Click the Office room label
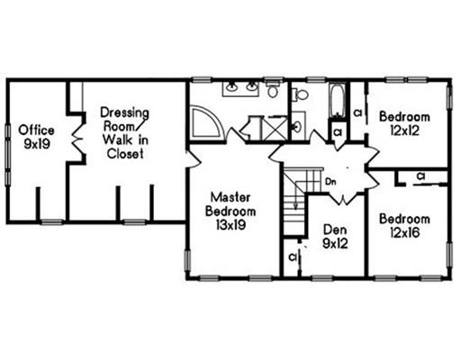click(36, 130)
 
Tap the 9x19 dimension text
click(37, 144)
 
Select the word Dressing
click(124, 113)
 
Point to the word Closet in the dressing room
click(125, 154)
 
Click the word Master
click(230, 197)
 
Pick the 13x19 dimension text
click(230, 225)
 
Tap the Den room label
click(335, 229)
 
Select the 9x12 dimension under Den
click(335, 244)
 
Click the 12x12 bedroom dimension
click(404, 130)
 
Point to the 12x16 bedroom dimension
click(404, 232)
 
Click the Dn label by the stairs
click(330, 182)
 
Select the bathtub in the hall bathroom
click(338, 101)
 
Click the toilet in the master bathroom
click(273, 89)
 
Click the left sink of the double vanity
click(231, 87)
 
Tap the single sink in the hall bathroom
click(297, 127)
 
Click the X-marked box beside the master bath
click(275, 128)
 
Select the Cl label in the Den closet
click(293, 256)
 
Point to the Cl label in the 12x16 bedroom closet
click(420, 176)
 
